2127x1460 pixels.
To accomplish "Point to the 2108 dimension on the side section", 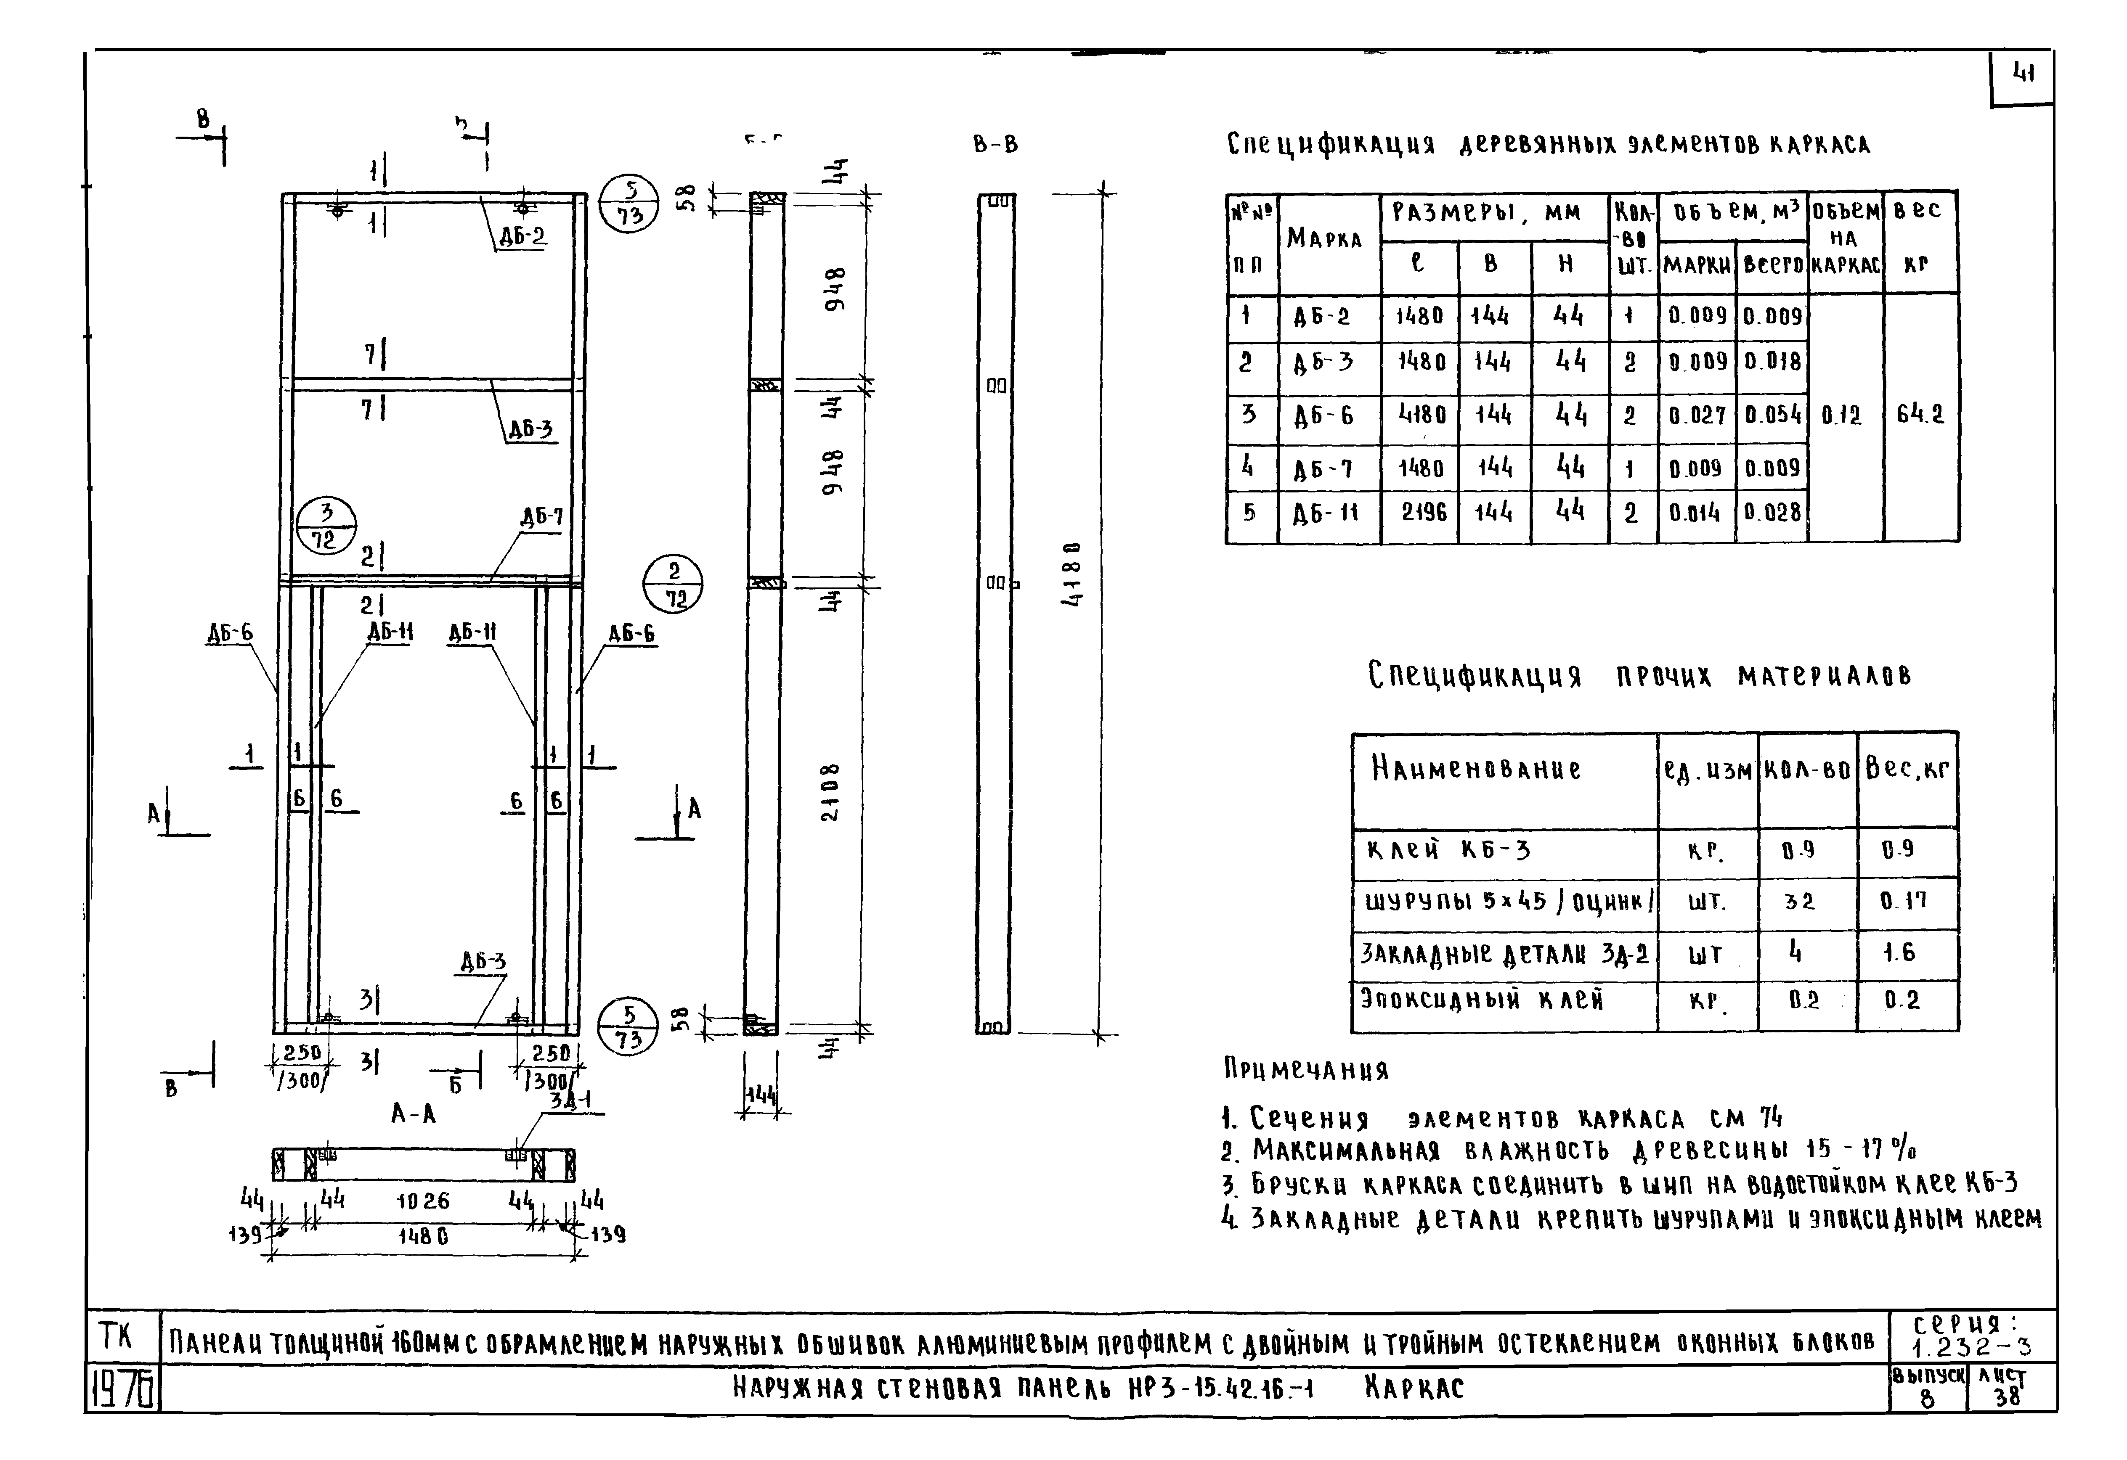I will click(829, 792).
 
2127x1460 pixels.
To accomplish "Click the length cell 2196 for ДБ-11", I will click(1424, 512).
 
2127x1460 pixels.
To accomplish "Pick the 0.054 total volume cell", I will click(1773, 415).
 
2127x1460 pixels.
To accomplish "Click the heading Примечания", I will click(1306, 1069).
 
